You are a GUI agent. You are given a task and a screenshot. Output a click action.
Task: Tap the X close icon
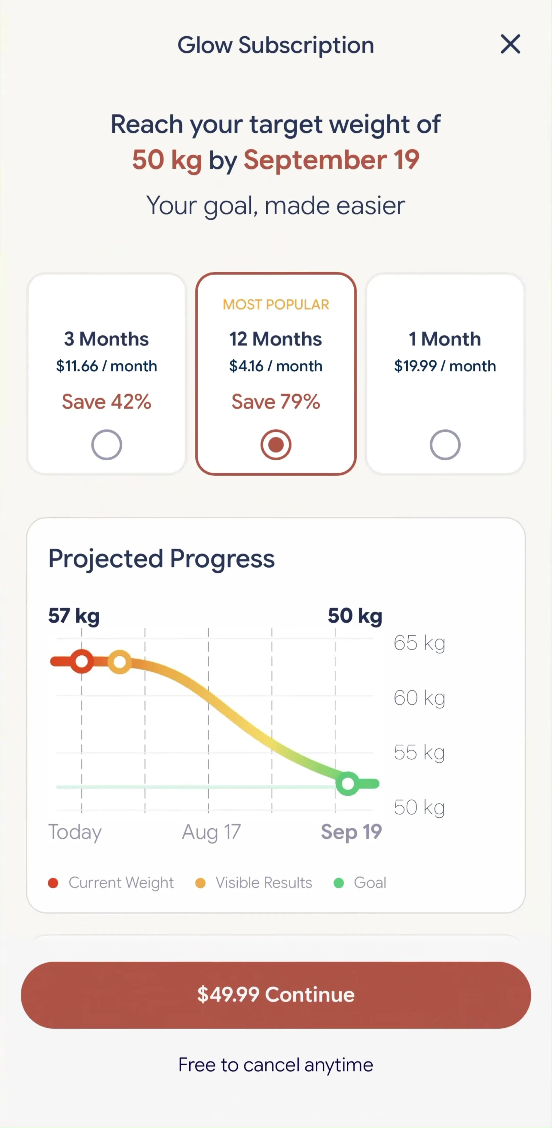coord(510,44)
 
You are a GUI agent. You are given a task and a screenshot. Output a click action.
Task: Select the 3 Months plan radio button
coord(106,445)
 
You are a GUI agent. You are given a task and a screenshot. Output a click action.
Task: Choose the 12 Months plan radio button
coord(276,445)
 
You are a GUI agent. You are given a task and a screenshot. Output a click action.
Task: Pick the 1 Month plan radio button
coord(445,445)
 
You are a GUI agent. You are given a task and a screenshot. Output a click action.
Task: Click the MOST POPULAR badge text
coord(276,305)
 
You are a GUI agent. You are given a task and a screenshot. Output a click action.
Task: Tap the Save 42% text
coord(106,402)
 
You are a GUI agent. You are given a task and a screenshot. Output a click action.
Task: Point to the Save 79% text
coord(276,402)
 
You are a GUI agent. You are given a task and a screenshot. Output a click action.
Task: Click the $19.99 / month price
coord(445,366)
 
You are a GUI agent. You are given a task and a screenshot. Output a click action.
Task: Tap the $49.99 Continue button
coord(276,995)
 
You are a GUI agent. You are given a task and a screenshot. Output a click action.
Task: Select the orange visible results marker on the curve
coord(120,662)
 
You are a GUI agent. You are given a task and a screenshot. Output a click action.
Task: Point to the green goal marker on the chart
coord(348,784)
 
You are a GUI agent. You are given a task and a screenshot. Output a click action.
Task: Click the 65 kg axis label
coord(419,643)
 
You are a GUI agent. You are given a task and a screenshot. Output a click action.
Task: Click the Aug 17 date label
coord(211,832)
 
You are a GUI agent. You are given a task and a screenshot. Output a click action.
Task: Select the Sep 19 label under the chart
coord(351,832)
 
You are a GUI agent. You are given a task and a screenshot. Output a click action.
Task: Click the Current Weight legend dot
coord(53,883)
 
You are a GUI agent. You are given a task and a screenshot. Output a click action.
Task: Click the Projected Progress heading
coord(162,559)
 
